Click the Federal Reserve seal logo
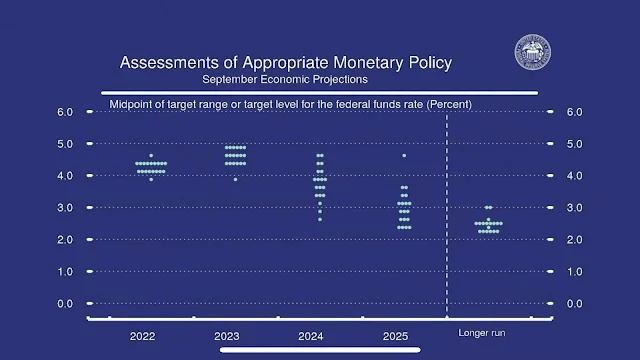(533, 52)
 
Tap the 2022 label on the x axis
(142, 336)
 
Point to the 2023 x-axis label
(227, 336)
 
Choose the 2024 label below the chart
(311, 336)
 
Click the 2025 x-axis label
(395, 336)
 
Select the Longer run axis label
(482, 333)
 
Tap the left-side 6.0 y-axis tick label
(65, 112)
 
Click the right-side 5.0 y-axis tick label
(574, 144)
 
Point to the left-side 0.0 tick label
(65, 304)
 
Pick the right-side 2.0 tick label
(574, 240)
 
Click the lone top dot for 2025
(404, 156)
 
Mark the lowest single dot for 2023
(236, 180)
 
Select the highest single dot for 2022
(151, 156)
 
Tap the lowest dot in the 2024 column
(320, 220)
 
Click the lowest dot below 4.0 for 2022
(151, 180)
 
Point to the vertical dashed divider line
(447, 215)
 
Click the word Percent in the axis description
(449, 104)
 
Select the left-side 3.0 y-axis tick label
(65, 208)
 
